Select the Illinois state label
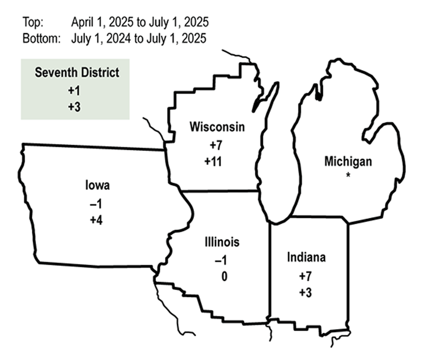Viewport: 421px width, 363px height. pos(222,242)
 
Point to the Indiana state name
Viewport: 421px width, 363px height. pos(306,257)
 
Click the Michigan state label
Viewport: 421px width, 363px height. pos(348,161)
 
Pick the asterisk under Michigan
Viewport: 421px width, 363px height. pos(349,175)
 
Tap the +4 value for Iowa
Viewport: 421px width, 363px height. pos(97,220)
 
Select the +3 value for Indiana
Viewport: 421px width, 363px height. pos(305,293)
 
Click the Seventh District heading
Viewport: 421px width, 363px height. pos(77,72)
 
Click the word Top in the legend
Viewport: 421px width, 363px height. pos(33,22)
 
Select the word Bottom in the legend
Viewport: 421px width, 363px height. pos(41,38)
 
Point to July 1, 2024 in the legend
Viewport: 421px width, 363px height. pos(101,38)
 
